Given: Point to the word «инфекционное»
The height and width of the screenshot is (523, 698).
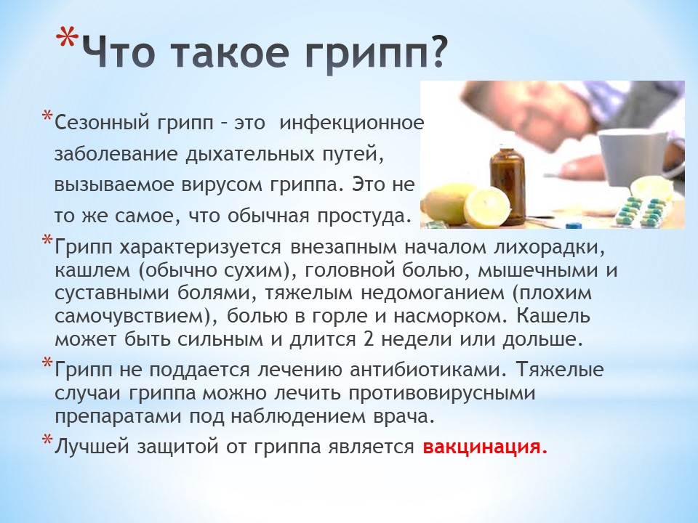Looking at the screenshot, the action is coord(351,123).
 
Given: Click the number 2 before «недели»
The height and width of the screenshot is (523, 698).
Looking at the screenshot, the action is coord(368,339).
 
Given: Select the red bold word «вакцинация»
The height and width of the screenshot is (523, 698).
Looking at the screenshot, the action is coord(484,447).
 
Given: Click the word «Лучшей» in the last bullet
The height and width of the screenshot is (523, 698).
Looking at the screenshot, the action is coord(92,447).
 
